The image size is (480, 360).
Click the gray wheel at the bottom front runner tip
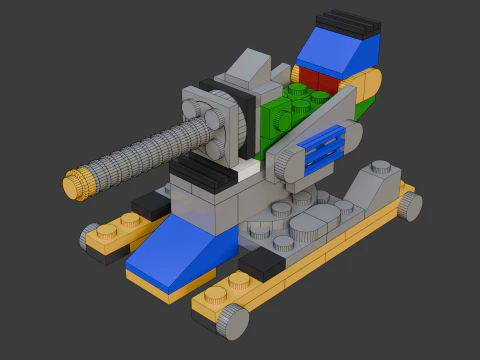pos(234,321)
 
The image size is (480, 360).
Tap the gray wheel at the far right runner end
pos(410,206)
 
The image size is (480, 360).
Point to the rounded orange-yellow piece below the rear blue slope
pos(366,87)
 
